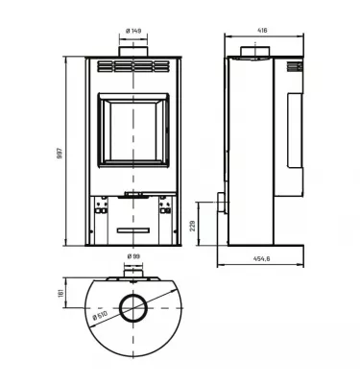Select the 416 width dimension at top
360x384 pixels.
click(x=262, y=30)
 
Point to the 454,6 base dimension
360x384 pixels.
click(x=261, y=256)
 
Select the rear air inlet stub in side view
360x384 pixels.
click(x=222, y=204)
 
